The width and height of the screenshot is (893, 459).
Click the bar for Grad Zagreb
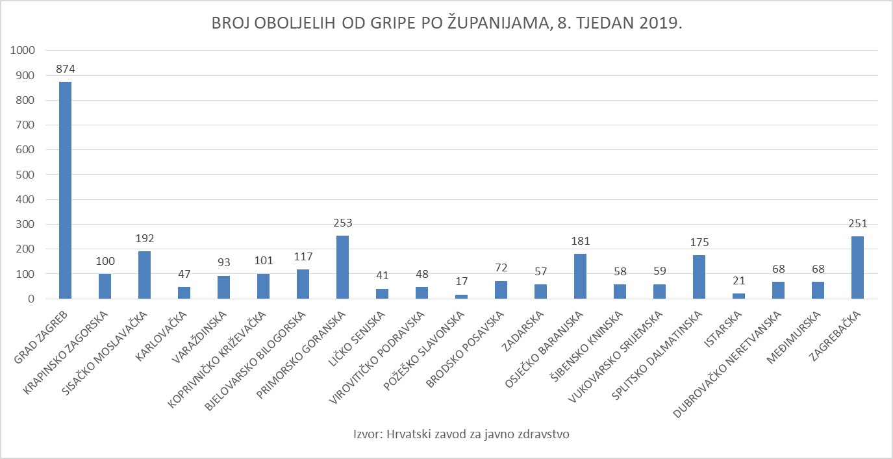point(65,190)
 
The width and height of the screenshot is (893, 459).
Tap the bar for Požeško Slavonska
point(461,297)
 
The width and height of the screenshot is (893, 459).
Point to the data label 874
point(65,69)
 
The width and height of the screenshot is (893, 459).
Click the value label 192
point(144,238)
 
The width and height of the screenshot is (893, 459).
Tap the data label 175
point(699,243)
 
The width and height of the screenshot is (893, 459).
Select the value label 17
point(461,282)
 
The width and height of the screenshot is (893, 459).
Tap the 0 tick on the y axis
point(30,299)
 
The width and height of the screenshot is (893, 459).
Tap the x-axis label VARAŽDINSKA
point(205,334)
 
